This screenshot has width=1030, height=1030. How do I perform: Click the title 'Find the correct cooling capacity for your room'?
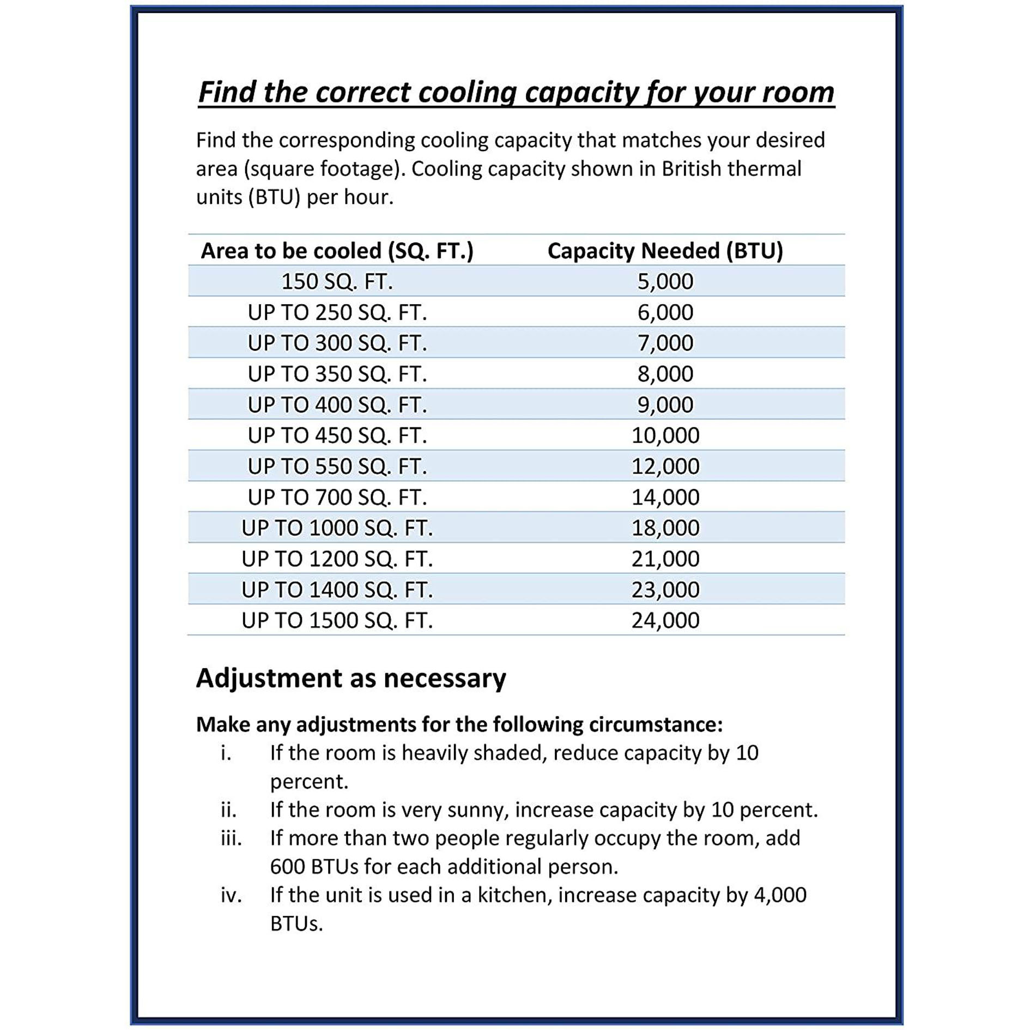click(516, 92)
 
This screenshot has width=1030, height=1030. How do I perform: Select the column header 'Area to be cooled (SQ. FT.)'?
click(337, 251)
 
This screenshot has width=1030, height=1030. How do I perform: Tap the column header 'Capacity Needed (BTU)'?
click(665, 251)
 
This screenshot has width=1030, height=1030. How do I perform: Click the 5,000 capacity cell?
click(665, 282)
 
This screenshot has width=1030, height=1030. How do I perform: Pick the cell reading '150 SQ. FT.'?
click(337, 282)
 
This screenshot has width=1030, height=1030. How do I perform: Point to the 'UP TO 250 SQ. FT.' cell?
click(337, 313)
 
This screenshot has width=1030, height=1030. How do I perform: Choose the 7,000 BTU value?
click(665, 343)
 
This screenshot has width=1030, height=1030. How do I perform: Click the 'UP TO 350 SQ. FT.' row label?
click(337, 374)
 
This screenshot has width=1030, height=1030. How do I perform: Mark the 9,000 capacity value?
click(665, 405)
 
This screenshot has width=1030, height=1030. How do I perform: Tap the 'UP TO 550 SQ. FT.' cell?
click(337, 466)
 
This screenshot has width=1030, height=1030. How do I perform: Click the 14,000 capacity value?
click(665, 498)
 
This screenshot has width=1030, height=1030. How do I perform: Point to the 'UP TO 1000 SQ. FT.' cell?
click(337, 528)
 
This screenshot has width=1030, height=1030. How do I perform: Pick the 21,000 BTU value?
click(665, 559)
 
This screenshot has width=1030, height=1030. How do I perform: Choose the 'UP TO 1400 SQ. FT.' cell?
click(337, 590)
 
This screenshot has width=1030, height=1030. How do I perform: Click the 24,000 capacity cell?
click(665, 621)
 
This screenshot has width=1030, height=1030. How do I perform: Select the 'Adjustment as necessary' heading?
click(351, 678)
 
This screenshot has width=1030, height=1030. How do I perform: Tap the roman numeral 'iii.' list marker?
click(231, 838)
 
